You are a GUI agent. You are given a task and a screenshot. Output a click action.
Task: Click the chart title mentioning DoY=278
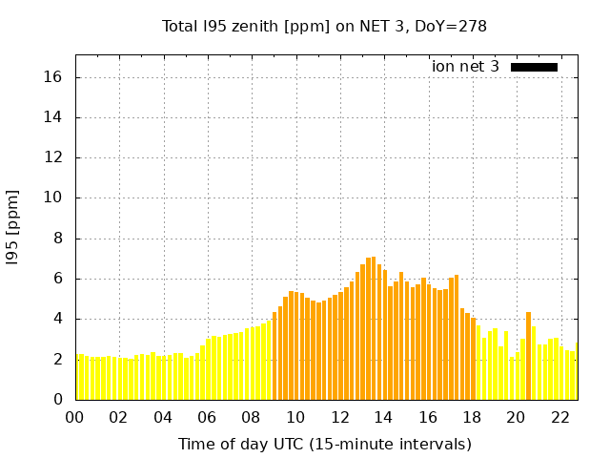(324, 27)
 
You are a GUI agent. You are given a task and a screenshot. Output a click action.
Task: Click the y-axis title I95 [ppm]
(13, 227)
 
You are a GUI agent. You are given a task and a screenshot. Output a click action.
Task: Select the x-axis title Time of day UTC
(324, 444)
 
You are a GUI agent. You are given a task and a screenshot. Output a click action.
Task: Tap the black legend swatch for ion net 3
(534, 67)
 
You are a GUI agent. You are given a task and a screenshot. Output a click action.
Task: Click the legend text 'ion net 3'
(465, 67)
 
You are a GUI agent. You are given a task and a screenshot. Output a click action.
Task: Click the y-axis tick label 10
(54, 198)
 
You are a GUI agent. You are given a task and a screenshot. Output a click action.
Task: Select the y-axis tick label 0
(58, 400)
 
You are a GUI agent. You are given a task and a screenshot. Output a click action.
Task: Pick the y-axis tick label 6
(58, 279)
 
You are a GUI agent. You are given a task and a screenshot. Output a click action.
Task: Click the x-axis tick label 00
(74, 417)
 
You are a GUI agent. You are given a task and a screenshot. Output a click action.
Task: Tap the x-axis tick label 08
(251, 417)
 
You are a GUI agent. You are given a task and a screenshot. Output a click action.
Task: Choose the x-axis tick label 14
(383, 417)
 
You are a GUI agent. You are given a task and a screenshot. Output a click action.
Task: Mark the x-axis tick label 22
(559, 417)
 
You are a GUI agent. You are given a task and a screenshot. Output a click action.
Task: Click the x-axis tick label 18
(471, 417)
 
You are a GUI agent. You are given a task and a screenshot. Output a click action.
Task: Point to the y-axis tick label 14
(54, 117)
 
